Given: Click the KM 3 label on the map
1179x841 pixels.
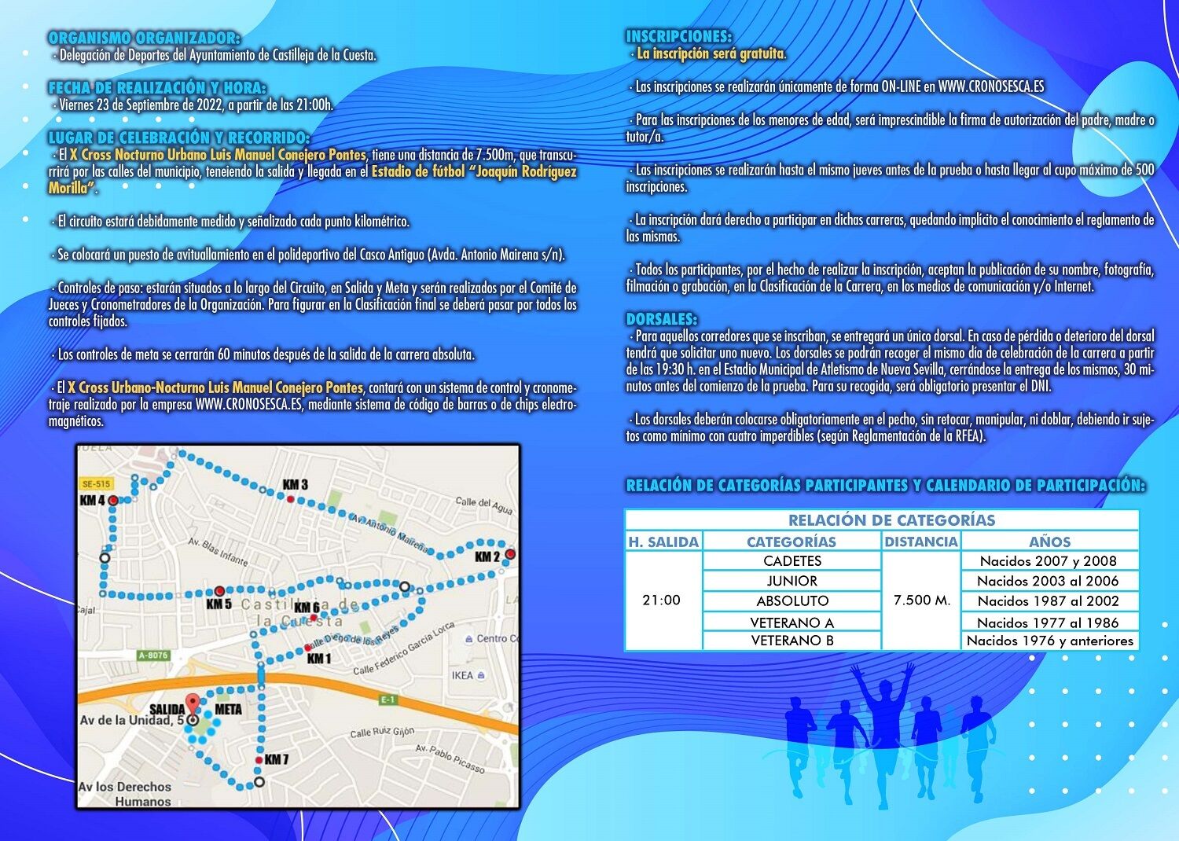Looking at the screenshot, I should pos(296,484).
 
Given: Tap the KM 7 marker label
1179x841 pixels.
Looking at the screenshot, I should pos(276,759).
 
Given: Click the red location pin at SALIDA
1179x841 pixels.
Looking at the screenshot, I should pos(192,704).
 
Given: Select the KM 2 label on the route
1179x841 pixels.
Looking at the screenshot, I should pos(487,556).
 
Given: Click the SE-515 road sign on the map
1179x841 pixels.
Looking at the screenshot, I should pos(96,483).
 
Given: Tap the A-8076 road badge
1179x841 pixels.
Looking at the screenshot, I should pos(153,655).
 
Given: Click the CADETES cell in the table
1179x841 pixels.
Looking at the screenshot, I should pos(792,561).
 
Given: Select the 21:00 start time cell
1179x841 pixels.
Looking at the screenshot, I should pos(662,600).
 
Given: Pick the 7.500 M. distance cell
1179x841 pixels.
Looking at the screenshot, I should pos(922,600).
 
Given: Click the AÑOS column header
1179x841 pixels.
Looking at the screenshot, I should pos(1050,542).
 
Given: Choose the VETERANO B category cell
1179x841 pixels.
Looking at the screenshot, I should pos(792,641).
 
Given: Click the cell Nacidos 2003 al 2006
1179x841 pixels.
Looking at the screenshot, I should pos(1050,581).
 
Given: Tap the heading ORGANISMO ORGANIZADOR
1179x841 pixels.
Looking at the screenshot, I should pos(144,38).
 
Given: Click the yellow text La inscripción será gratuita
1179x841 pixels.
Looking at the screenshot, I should pos(711,54).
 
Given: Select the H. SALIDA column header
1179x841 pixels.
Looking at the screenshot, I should pos(663,542).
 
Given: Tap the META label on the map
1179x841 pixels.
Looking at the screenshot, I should pos(229,709).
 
